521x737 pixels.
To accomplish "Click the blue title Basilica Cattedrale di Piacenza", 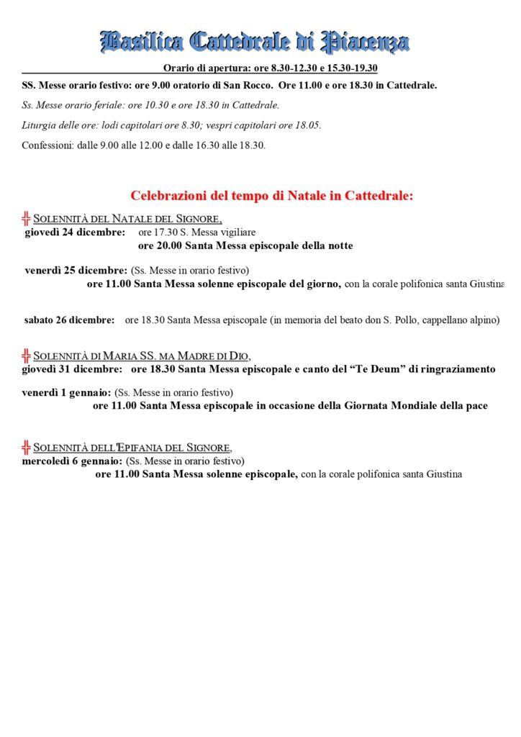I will pyautogui.click(x=255, y=42).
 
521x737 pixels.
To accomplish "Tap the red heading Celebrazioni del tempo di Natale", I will pyautogui.click(x=272, y=196).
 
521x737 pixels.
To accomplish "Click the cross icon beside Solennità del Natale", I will pyautogui.click(x=27, y=218).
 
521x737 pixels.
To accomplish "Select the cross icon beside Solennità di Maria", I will pyautogui.click(x=27, y=355).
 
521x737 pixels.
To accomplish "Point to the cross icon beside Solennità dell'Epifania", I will pyautogui.click(x=27, y=446).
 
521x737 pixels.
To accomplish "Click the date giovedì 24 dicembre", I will pyautogui.click(x=74, y=232).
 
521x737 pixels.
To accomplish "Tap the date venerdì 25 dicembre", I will pyautogui.click(x=76, y=271).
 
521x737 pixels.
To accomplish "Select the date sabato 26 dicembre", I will pyautogui.click(x=69, y=320).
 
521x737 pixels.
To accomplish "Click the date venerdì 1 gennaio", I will pyautogui.click(x=66, y=393).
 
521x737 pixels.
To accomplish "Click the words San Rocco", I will pyautogui.click(x=250, y=86).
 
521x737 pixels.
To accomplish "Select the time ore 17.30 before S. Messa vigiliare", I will pyautogui.click(x=156, y=232).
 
